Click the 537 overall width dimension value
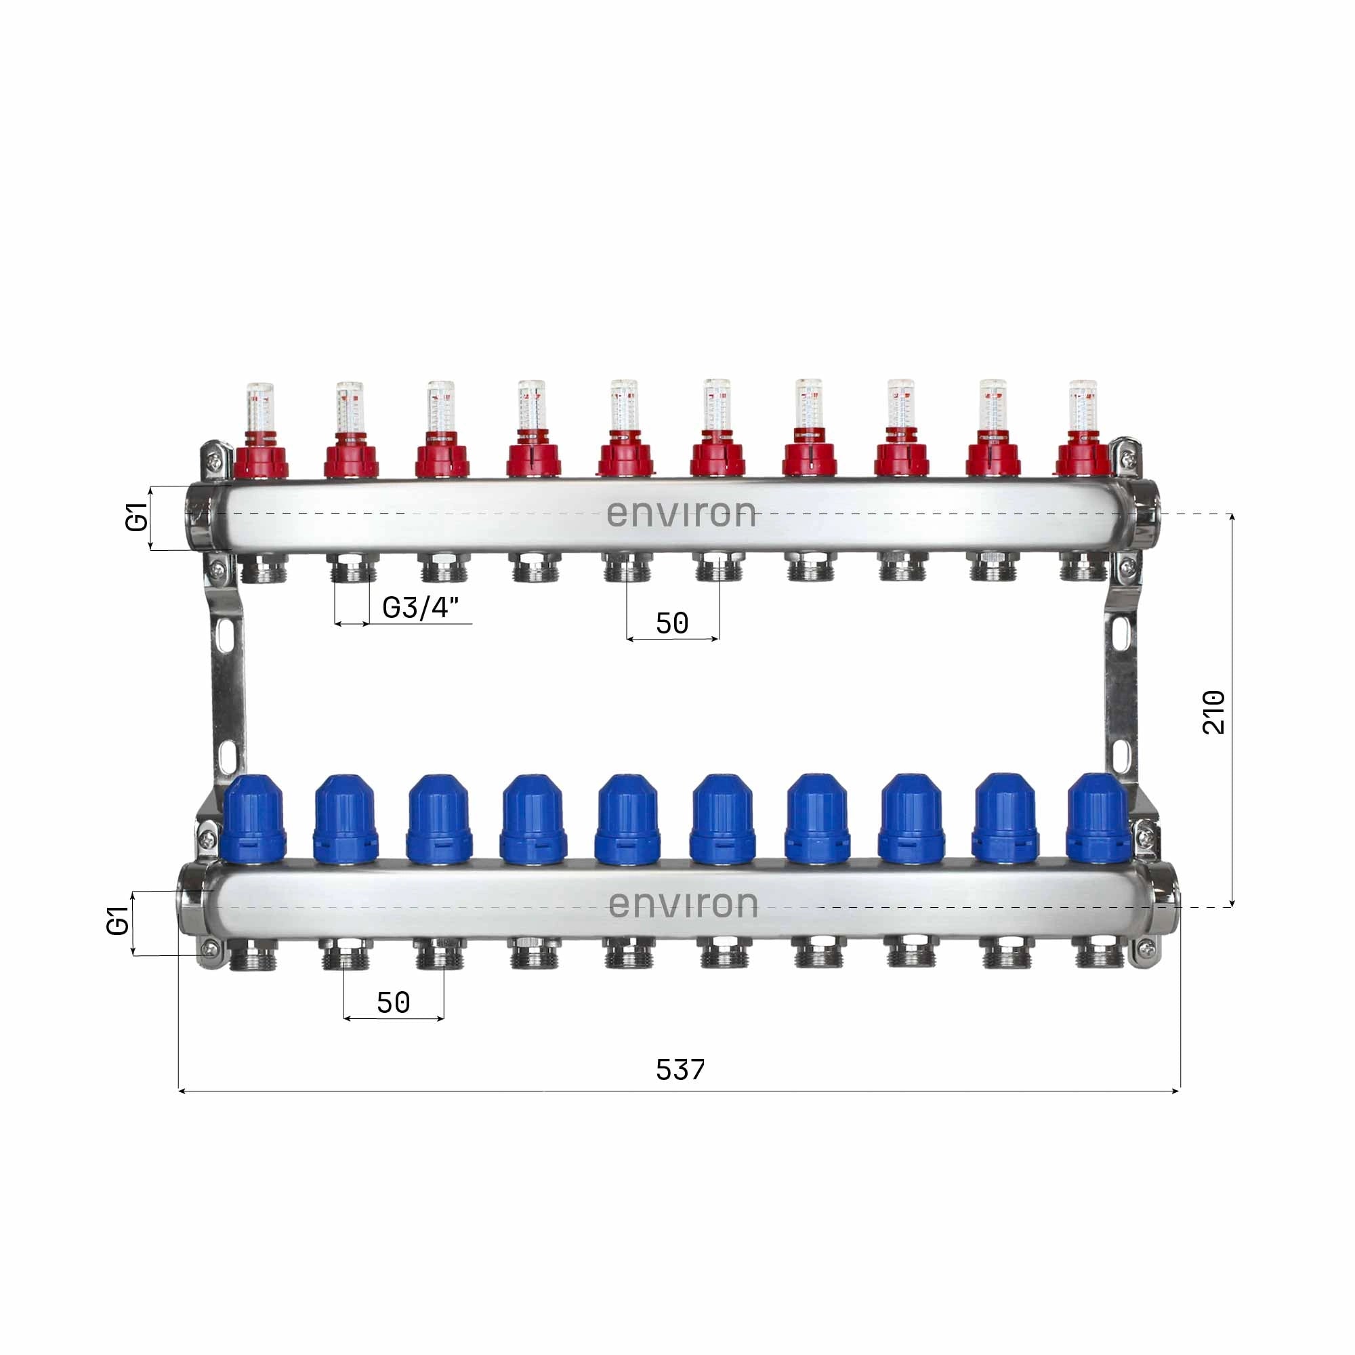tap(680, 1070)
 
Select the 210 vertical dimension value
tap(1214, 712)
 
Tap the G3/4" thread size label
tap(421, 607)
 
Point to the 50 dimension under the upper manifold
tap(672, 623)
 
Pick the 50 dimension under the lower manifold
tap(393, 1003)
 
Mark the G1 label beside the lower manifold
tap(118, 921)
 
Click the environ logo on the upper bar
tap(681, 514)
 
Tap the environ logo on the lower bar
tap(683, 904)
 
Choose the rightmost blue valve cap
tap(1098, 818)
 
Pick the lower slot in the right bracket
tap(1119, 753)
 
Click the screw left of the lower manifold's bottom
tap(208, 951)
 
